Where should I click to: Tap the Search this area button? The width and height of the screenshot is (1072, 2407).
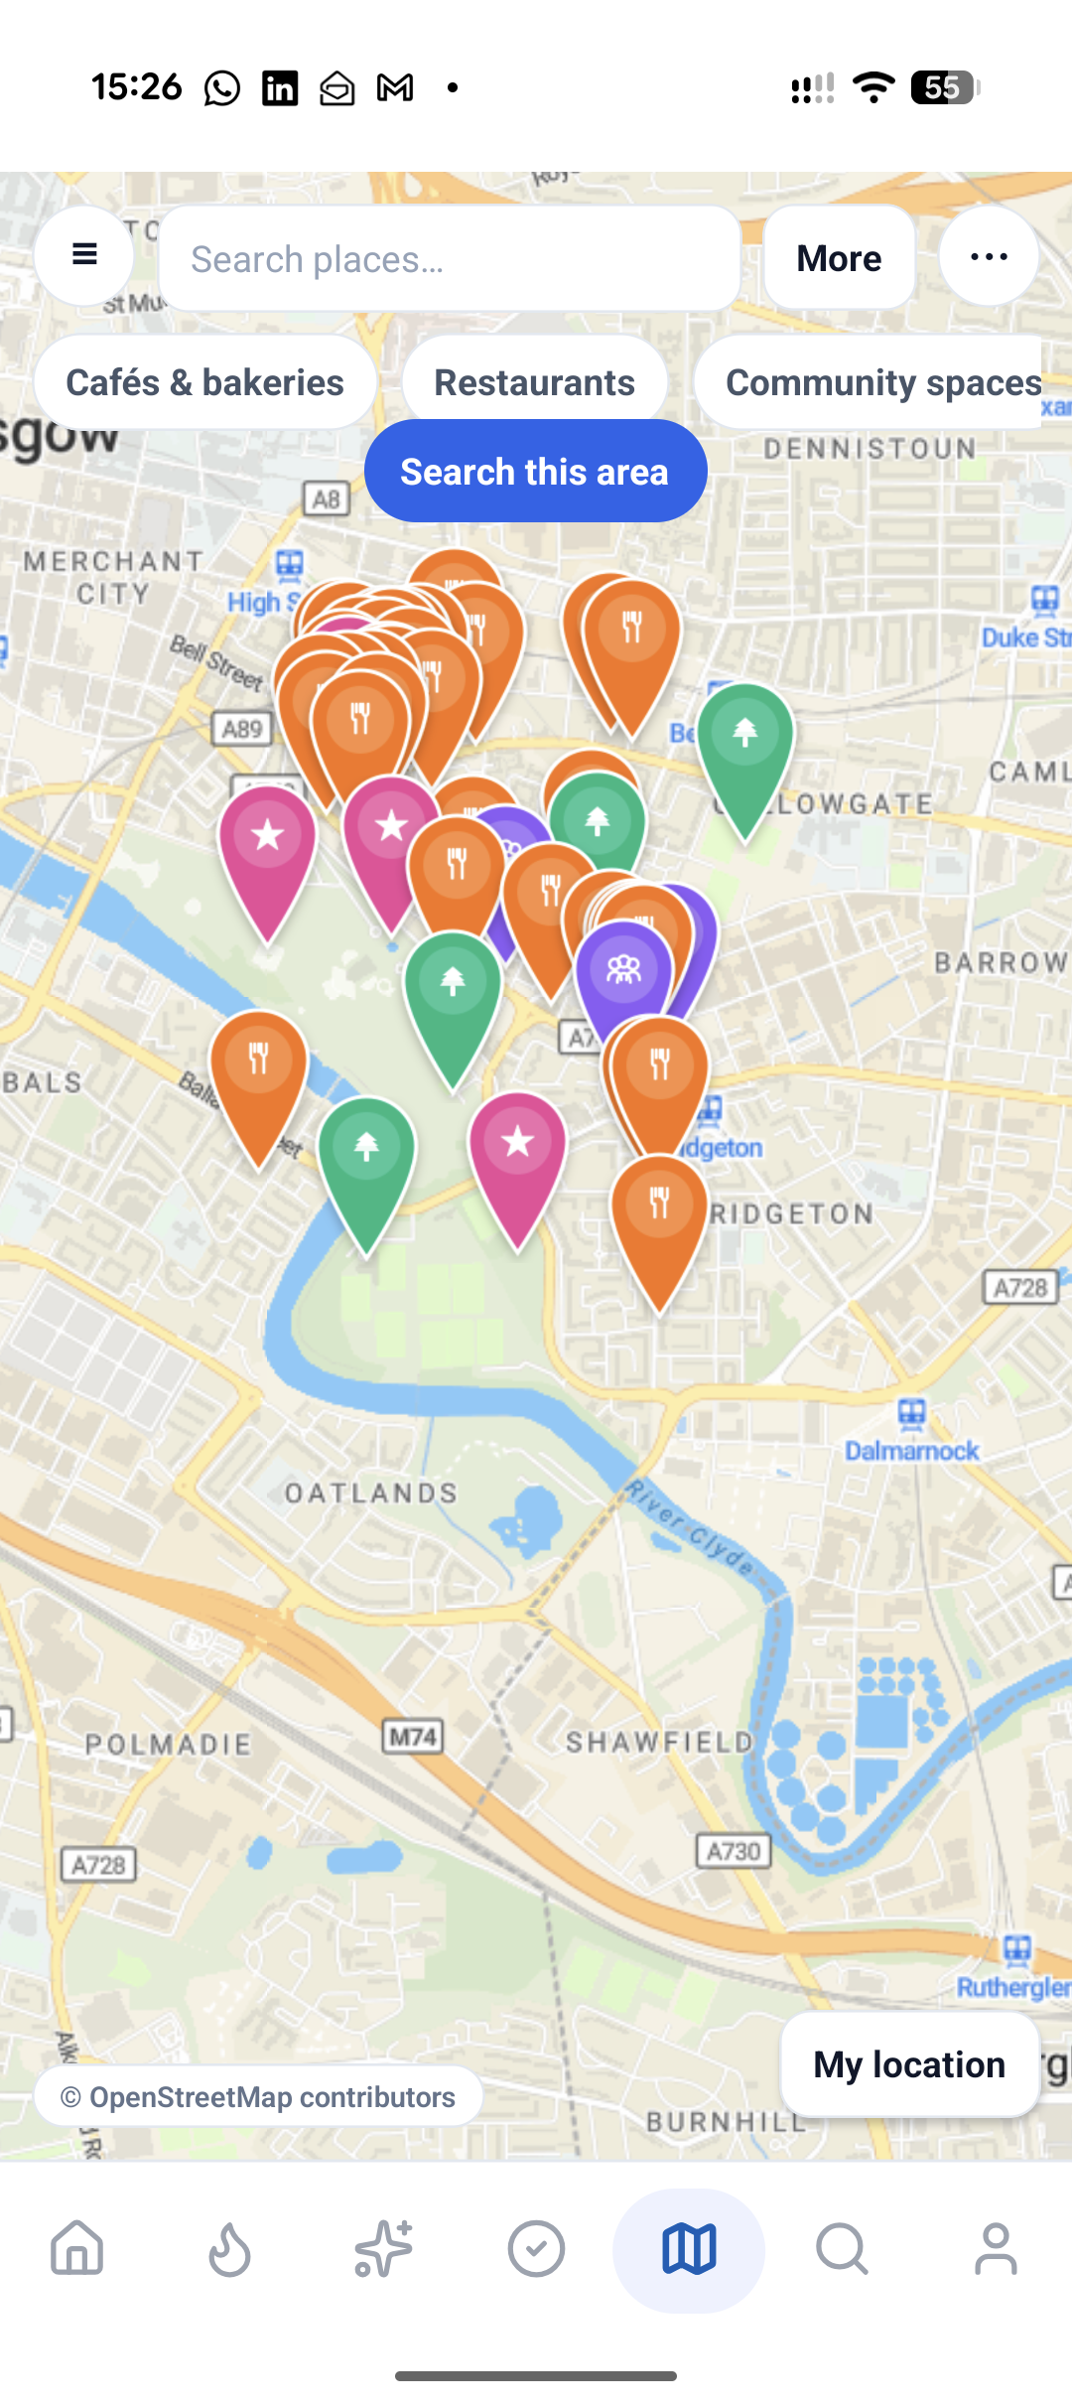pyautogui.click(x=535, y=472)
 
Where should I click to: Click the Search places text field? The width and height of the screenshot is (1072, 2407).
pyautogui.click(x=449, y=259)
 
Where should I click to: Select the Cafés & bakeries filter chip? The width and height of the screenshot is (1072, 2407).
pyautogui.click(x=204, y=382)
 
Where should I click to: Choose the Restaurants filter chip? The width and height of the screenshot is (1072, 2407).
pyautogui.click(x=534, y=382)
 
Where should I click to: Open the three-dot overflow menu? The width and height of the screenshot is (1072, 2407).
pyautogui.click(x=989, y=257)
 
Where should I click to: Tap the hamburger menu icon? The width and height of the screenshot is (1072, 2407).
pyautogui.click(x=84, y=255)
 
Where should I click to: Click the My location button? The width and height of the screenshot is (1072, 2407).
pyautogui.click(x=908, y=2065)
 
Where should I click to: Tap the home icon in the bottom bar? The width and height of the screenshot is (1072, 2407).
pyautogui.click(x=77, y=2248)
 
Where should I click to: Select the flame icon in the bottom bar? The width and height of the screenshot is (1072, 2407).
pyautogui.click(x=229, y=2248)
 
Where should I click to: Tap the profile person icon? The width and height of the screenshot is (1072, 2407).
pyautogui.click(x=996, y=2248)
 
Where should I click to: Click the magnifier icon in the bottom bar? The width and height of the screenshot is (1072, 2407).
pyautogui.click(x=842, y=2248)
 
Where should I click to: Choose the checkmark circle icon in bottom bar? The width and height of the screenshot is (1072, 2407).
pyautogui.click(x=536, y=2248)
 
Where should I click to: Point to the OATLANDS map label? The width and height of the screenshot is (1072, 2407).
pyautogui.click(x=371, y=1493)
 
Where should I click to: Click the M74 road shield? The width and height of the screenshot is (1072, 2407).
pyautogui.click(x=413, y=1737)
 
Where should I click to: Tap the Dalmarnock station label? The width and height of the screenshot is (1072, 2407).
pyautogui.click(x=911, y=1451)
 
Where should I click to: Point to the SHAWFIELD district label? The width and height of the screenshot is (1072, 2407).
pyautogui.click(x=660, y=1742)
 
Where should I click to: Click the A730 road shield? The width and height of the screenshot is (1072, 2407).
pyautogui.click(x=734, y=1851)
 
